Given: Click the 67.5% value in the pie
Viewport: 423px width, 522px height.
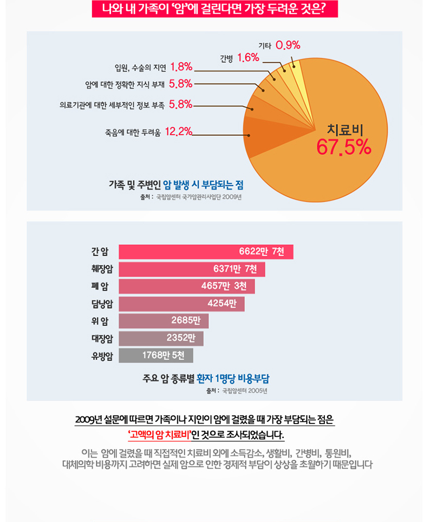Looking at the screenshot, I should point(344,147).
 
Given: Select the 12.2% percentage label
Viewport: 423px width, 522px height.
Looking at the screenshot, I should point(178,131).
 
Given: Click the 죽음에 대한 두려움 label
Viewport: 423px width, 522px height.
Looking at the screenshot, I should point(133,132).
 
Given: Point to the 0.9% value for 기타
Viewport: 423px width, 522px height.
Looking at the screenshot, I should point(288,45).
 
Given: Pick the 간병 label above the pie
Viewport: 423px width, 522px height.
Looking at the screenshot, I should point(226,57).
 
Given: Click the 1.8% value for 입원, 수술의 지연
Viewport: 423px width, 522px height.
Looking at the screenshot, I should point(181,67).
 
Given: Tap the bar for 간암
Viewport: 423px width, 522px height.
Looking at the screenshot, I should point(206,252).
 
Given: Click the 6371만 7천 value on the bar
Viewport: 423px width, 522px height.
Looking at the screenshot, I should point(235,269).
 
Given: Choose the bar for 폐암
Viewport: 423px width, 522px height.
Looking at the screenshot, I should point(186,286).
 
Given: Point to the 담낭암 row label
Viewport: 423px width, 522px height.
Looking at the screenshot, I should point(102,303).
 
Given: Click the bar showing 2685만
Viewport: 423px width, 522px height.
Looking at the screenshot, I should point(164,321).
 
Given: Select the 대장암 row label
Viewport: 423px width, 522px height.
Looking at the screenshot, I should point(102,338).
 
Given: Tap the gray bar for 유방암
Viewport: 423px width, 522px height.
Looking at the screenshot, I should point(155,355).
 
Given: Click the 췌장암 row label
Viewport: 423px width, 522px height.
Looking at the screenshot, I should point(102,269).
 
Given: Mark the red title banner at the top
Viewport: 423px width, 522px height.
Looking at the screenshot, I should point(214,9).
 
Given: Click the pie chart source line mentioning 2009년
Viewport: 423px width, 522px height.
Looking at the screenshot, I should point(190,197).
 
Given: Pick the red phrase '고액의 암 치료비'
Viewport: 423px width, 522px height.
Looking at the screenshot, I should point(160,435).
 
